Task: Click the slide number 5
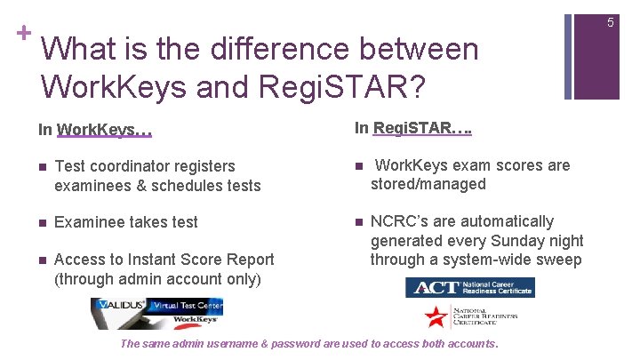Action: tap(611, 22)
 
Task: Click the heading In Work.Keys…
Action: tap(95, 130)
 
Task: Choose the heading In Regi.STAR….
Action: tap(412, 129)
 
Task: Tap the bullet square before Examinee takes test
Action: tap(43, 222)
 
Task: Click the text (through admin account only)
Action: tap(157, 278)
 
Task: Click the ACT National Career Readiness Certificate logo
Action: tap(470, 287)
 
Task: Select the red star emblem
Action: tap(436, 317)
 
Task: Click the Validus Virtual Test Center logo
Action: tap(156, 311)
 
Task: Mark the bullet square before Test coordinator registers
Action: tap(43, 166)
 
